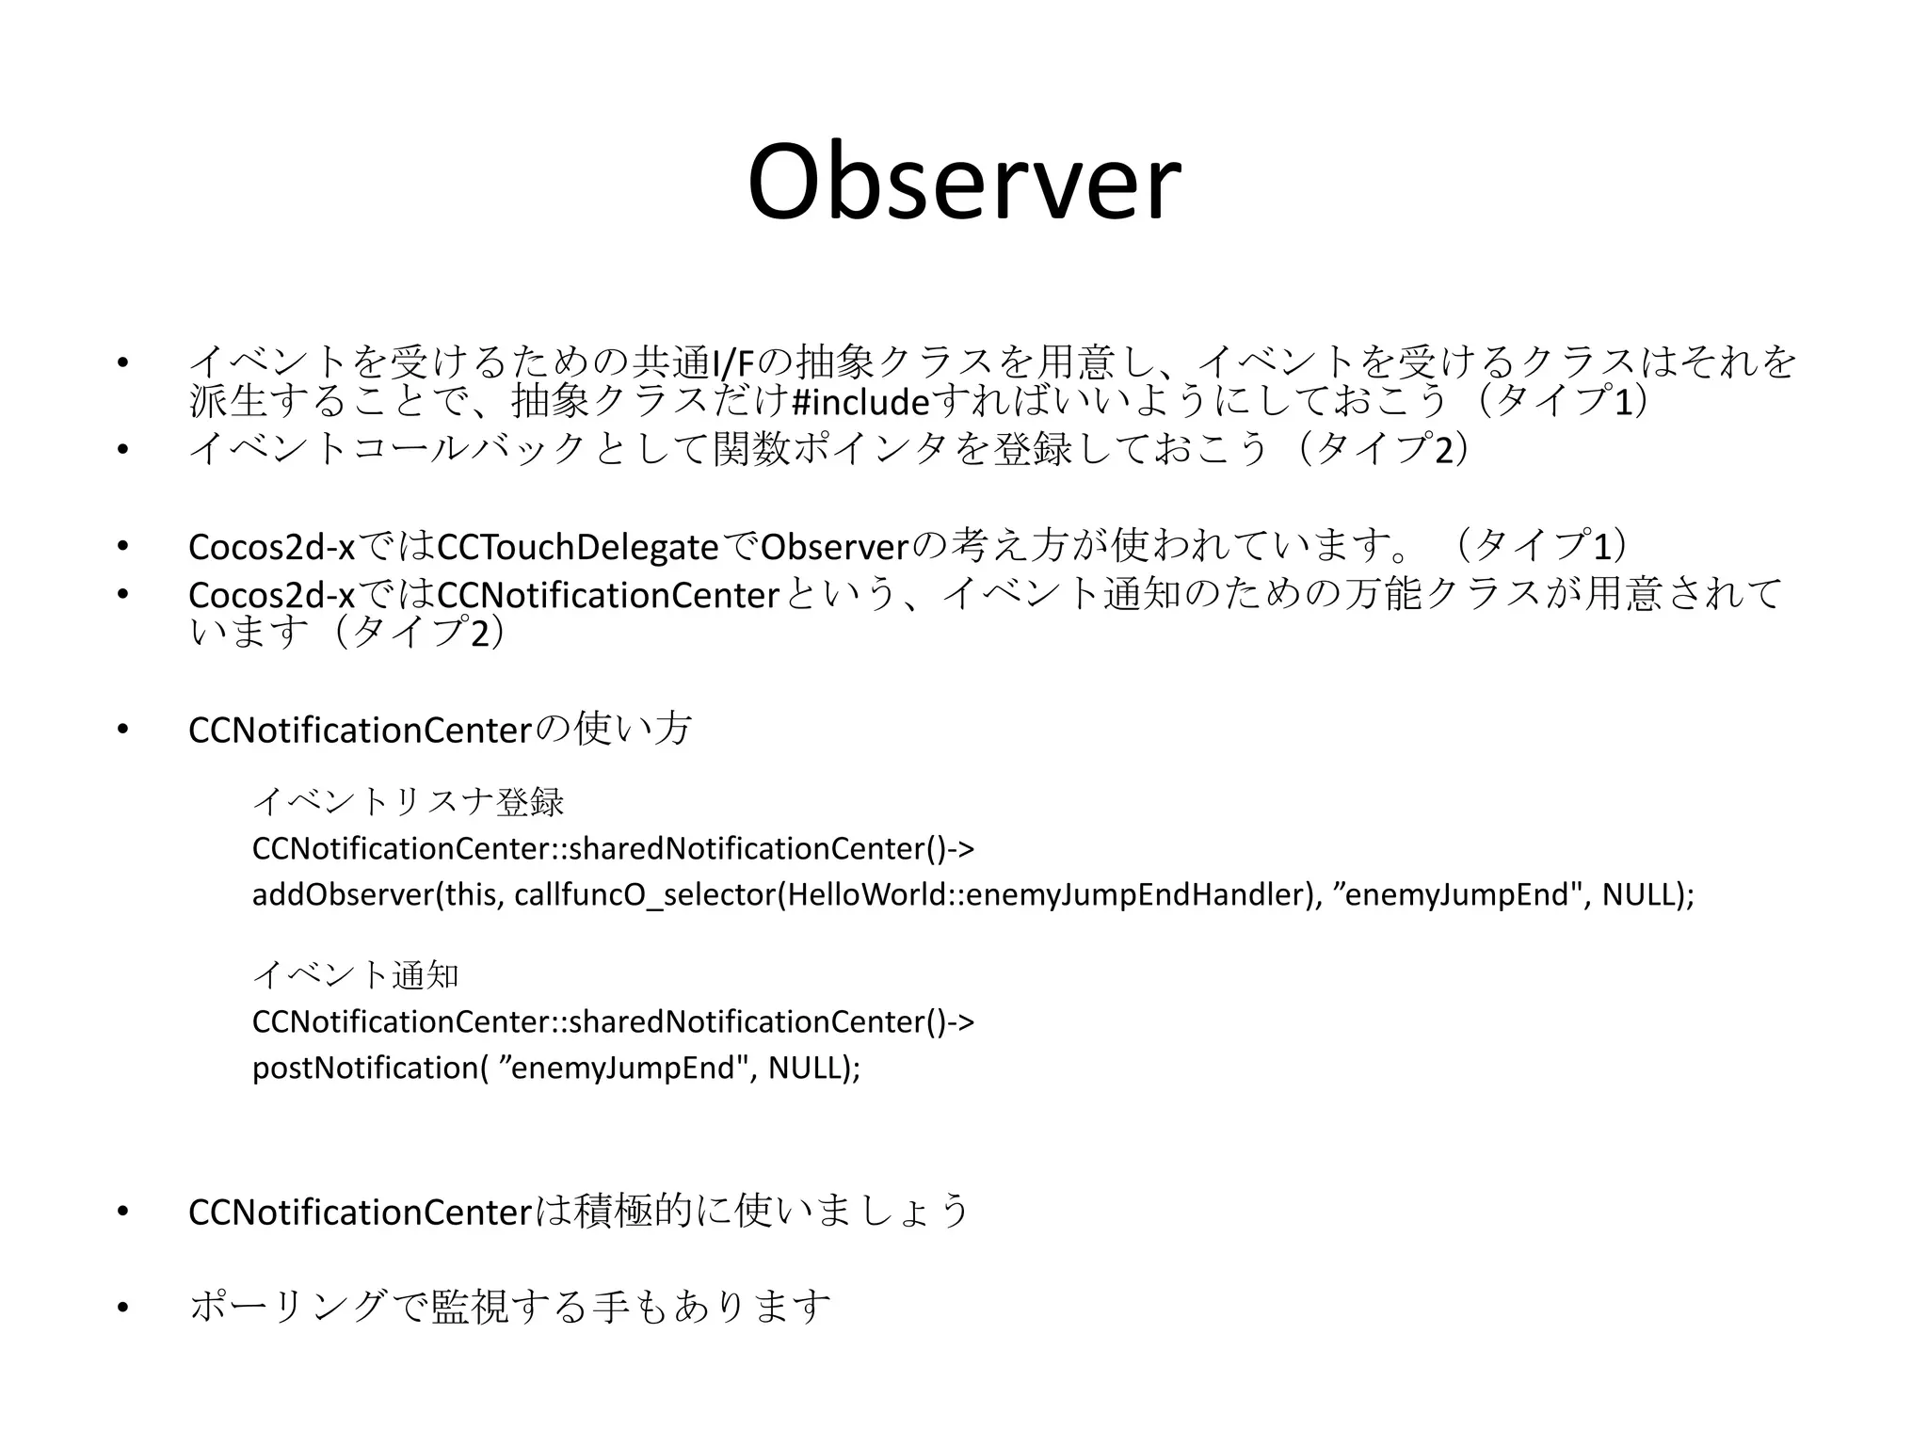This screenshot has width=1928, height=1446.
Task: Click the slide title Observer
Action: (963, 183)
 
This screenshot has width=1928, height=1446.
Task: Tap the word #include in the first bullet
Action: (860, 402)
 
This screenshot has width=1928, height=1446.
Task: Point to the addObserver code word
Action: (342, 894)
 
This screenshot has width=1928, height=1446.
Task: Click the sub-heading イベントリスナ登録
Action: (408, 802)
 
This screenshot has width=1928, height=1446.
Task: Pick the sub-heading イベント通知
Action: (356, 975)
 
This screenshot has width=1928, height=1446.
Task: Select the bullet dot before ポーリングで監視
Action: (121, 1307)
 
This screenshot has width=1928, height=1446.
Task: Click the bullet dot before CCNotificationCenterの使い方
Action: (121, 731)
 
